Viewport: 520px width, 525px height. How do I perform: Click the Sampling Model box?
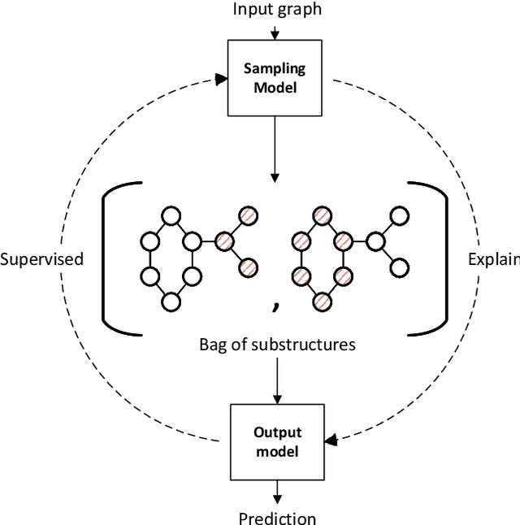[x=276, y=79]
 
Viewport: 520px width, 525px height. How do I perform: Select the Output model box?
[x=276, y=441]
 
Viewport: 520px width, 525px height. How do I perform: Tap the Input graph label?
[x=276, y=10]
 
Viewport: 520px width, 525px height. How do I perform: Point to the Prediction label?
[x=277, y=517]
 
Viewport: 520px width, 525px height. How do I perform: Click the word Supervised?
[x=41, y=259]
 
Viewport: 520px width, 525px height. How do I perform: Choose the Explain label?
[x=494, y=259]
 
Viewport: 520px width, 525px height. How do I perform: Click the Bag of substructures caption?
[x=277, y=344]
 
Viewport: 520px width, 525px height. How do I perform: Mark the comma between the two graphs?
[x=276, y=306]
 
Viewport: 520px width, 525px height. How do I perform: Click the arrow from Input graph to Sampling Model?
[x=276, y=33]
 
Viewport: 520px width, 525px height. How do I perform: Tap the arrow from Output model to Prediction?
[x=276, y=490]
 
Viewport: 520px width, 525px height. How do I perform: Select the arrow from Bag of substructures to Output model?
[x=276, y=380]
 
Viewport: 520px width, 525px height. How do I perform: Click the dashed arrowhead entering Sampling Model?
[x=219, y=79]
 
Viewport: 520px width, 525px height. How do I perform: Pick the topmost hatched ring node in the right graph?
[x=323, y=216]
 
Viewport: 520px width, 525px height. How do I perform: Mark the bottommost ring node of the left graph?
[x=171, y=302]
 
